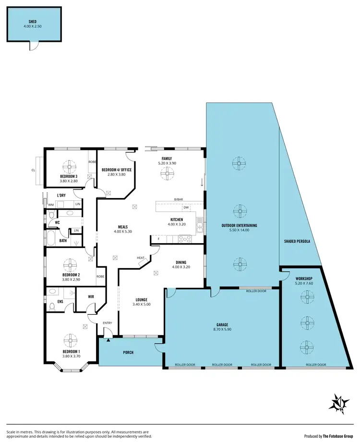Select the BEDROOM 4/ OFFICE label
coord(116,170)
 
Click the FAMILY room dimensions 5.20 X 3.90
coord(167,163)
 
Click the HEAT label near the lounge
coord(141,258)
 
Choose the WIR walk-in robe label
coord(91,297)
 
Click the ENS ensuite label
coord(60,301)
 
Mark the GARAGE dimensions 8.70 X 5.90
coord(222,330)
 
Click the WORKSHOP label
coord(304,279)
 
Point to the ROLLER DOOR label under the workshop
coord(316,365)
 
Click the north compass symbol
coord(339,404)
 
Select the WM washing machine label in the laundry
coord(50,205)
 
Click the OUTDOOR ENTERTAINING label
coord(239,225)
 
